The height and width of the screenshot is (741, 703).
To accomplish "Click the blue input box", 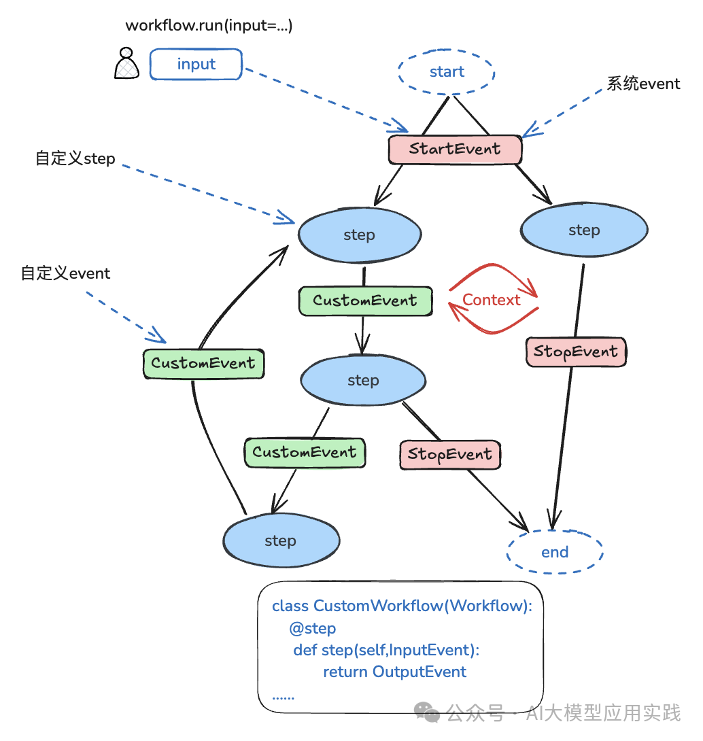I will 196,65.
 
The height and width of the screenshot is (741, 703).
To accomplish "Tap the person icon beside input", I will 126,63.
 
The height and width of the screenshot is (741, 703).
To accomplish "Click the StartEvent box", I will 455,150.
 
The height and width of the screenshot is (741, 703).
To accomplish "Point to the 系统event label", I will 643,84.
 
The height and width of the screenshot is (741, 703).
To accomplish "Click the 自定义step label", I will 75,159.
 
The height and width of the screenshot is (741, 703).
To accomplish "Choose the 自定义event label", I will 65,273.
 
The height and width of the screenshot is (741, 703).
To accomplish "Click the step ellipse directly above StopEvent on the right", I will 584,230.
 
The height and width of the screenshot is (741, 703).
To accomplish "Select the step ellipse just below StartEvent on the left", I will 359,235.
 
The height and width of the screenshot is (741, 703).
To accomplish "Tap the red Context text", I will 491,300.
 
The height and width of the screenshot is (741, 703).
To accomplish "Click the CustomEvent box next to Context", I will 365,300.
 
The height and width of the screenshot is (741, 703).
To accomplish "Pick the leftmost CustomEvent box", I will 203,363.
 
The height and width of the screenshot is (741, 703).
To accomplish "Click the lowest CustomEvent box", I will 305,452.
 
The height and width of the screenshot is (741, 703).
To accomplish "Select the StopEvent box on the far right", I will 576,351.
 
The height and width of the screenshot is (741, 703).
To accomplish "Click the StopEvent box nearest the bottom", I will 449,454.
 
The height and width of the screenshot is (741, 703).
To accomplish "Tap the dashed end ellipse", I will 554,552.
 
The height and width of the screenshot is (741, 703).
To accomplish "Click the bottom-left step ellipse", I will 281,541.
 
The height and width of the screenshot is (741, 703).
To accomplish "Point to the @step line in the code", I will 312,628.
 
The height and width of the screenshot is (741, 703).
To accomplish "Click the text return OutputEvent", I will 394,672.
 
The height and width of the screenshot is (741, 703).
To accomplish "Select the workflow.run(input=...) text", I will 209,26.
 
